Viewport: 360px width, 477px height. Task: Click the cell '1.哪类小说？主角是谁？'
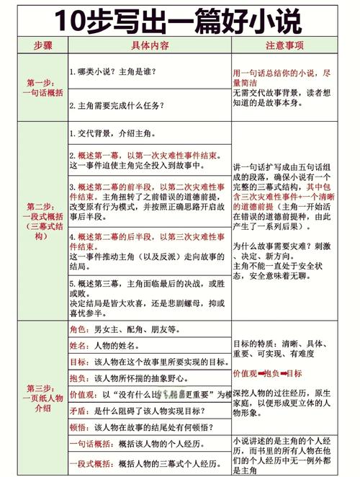tap(113, 72)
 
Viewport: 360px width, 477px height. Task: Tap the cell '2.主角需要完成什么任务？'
tap(122, 106)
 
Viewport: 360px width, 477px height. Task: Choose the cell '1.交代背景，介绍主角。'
tap(114, 133)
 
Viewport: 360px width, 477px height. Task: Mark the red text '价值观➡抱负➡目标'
tap(267, 373)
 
